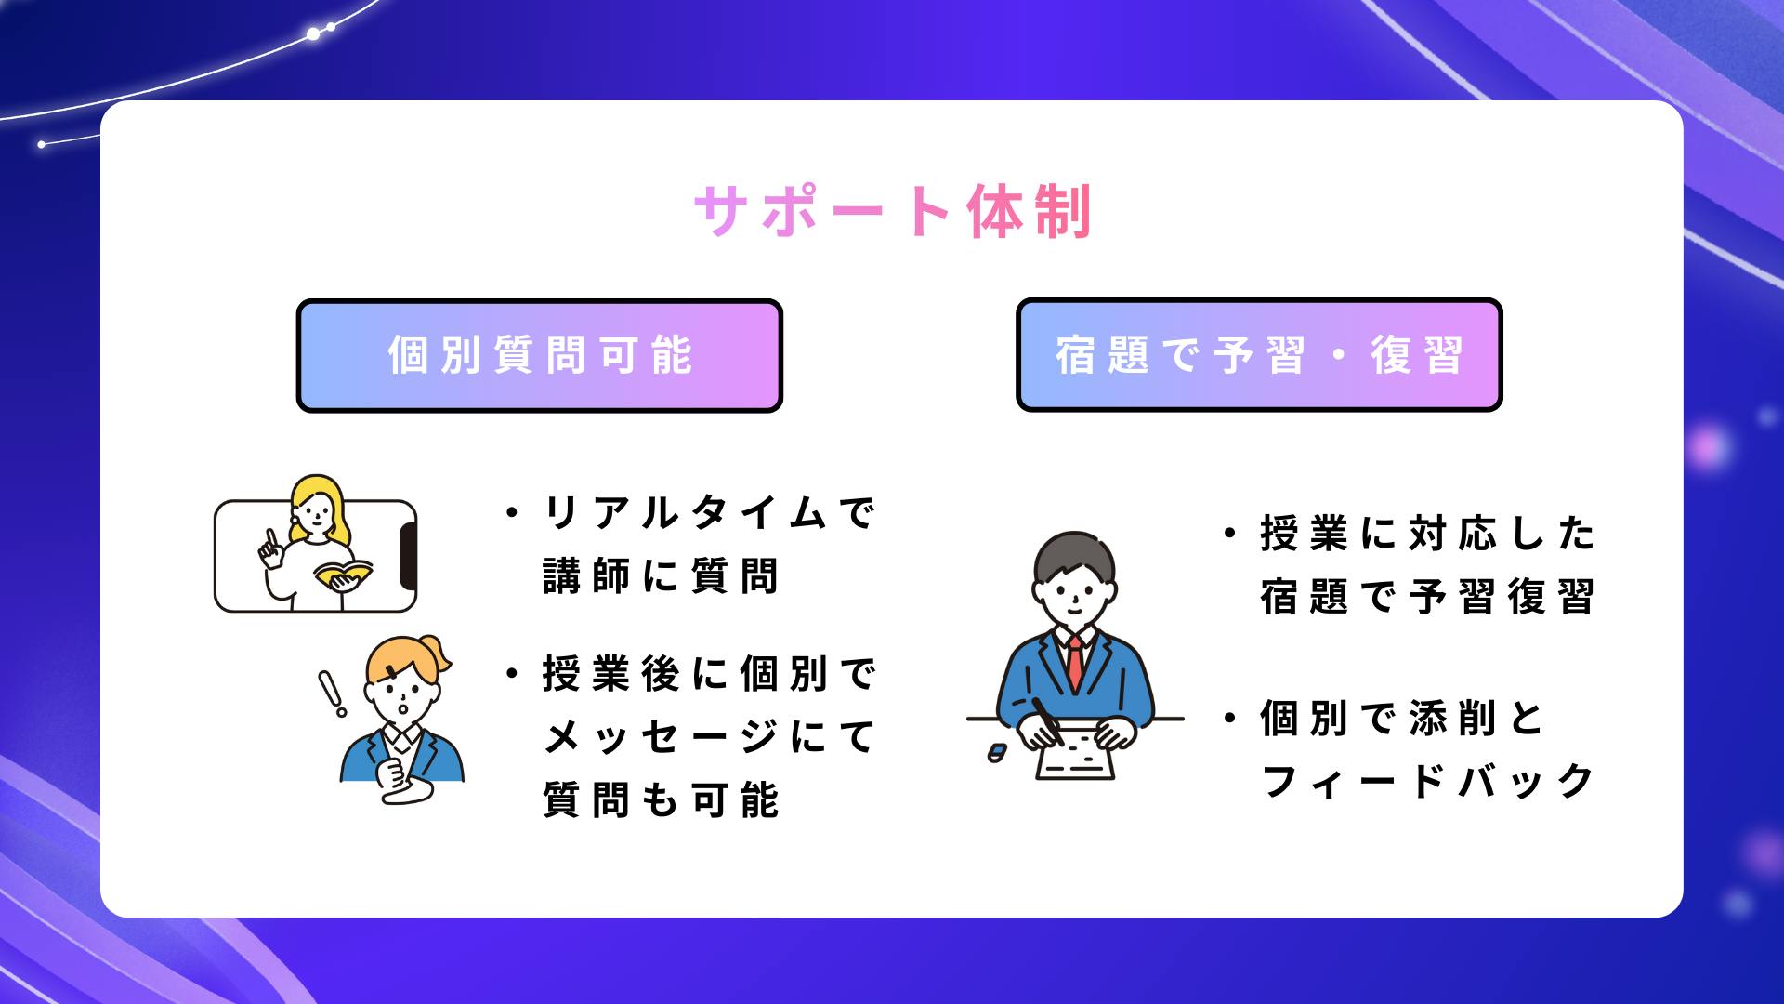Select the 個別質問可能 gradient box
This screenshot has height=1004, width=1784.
click(539, 355)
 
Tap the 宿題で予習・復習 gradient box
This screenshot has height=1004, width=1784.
click(1259, 354)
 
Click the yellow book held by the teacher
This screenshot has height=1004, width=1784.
click(343, 574)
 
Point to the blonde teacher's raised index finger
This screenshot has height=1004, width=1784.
click(269, 538)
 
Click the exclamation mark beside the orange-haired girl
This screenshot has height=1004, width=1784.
click(331, 693)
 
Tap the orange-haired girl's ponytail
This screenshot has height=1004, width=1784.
click(437, 654)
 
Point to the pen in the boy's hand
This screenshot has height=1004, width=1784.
click(1046, 720)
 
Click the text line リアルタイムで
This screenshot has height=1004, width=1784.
click(709, 513)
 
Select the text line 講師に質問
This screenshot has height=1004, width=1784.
click(661, 576)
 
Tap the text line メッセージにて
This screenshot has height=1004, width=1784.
click(709, 737)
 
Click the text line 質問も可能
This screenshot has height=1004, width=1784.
click(661, 800)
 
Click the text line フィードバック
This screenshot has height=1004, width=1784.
click(1427, 781)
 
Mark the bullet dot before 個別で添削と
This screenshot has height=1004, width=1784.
click(1231, 719)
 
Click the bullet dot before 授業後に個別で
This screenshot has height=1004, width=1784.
click(512, 674)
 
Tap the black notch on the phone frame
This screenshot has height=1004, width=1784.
click(408, 556)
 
